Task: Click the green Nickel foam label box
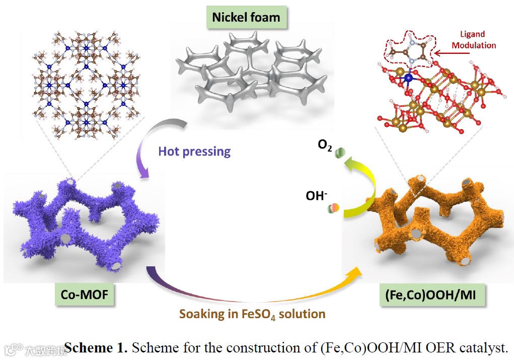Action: (x=246, y=17)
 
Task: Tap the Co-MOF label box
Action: (x=84, y=294)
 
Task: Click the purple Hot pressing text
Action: (x=194, y=151)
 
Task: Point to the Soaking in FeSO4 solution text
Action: (x=252, y=314)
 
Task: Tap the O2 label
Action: (x=324, y=146)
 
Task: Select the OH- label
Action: (x=316, y=195)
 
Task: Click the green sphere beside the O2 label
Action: (x=341, y=151)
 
